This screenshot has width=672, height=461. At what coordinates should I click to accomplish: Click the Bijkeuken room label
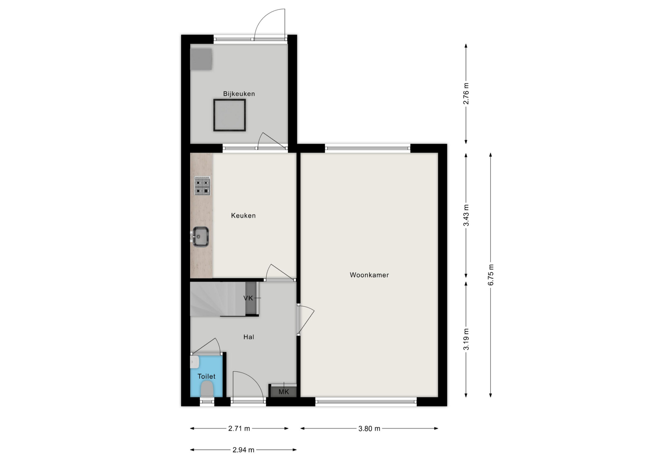(x=239, y=94)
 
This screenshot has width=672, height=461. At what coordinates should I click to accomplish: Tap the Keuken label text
(x=243, y=216)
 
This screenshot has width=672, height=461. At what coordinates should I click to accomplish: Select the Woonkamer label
(x=369, y=275)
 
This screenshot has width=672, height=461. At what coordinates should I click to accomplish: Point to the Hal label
(x=249, y=337)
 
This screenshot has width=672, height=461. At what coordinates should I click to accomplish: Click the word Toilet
(x=206, y=376)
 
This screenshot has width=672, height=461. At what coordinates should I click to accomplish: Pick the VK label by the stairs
(x=248, y=298)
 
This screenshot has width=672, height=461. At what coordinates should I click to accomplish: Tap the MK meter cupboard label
(x=284, y=392)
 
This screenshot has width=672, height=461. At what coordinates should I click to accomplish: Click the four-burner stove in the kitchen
(x=202, y=186)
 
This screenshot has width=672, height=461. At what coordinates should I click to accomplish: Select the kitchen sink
(x=200, y=237)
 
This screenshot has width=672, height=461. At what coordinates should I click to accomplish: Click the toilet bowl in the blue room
(x=207, y=389)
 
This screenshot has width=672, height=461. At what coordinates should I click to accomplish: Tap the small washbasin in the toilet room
(x=194, y=362)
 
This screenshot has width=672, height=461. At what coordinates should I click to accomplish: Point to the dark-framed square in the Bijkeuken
(x=230, y=115)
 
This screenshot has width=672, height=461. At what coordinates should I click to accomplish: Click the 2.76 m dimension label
(x=466, y=94)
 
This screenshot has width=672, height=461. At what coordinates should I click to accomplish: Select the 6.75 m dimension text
(x=491, y=275)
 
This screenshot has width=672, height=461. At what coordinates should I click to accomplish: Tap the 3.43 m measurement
(x=466, y=215)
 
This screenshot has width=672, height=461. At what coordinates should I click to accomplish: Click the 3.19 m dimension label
(x=466, y=339)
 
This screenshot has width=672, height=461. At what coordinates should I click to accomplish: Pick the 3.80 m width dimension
(x=369, y=428)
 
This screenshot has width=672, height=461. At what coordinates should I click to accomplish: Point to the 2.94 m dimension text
(x=244, y=450)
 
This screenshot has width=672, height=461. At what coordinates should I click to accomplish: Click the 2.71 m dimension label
(x=239, y=428)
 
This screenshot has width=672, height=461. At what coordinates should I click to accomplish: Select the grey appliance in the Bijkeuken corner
(x=201, y=59)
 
